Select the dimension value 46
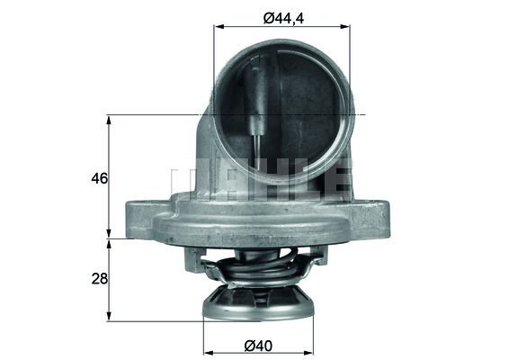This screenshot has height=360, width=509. click(x=99, y=178)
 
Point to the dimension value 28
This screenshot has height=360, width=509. click(x=99, y=279)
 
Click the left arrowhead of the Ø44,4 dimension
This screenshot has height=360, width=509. click(x=218, y=27)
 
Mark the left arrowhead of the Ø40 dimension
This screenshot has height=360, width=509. click(x=208, y=350)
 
